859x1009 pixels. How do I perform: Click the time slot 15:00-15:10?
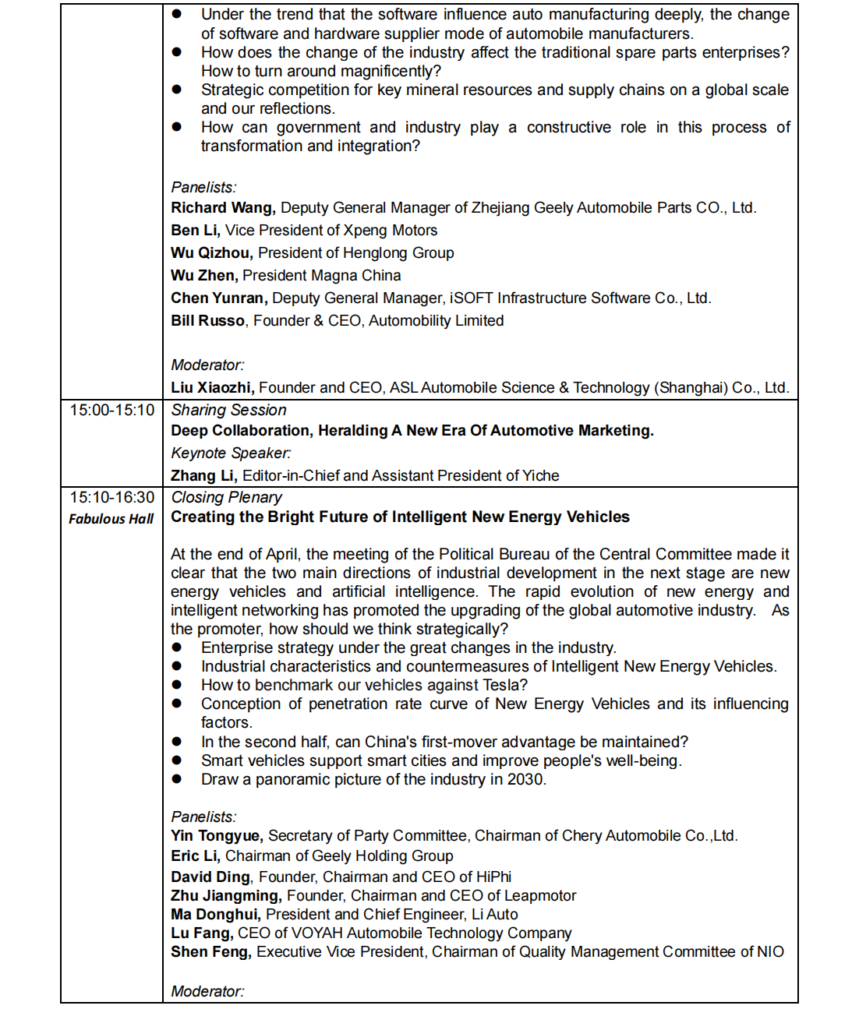coord(112,410)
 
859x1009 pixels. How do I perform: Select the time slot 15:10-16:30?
coord(112,497)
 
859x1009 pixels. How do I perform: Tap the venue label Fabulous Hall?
coord(111,519)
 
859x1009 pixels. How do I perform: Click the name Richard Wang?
coord(222,208)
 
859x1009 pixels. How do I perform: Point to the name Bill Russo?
coord(207,321)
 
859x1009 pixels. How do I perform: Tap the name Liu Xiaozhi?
coord(211,388)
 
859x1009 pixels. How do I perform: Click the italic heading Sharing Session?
coord(228,411)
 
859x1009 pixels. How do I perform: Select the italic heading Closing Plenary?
coord(226,497)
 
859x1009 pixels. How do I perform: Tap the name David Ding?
coord(210,877)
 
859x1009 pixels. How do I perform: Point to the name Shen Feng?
coord(210,952)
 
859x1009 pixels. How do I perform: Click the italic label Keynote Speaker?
coord(231,453)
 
